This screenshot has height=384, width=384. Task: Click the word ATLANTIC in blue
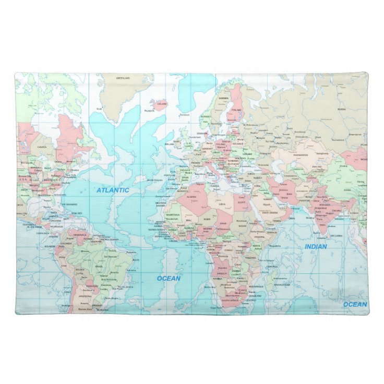tap(113, 190)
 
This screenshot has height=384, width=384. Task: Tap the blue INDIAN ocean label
tap(316, 246)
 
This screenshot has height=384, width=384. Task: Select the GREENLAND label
tap(123, 78)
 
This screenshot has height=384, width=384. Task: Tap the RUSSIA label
tap(341, 110)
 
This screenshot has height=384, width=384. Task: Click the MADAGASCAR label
tap(281, 285)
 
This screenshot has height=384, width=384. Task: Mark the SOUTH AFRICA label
tap(230, 301)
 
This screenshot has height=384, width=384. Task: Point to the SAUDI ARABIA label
tap(270, 212)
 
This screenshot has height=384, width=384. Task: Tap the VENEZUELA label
tap(79, 235)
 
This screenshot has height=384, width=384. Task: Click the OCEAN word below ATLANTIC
tap(169, 278)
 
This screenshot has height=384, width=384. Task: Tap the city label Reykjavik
tap(149, 111)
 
